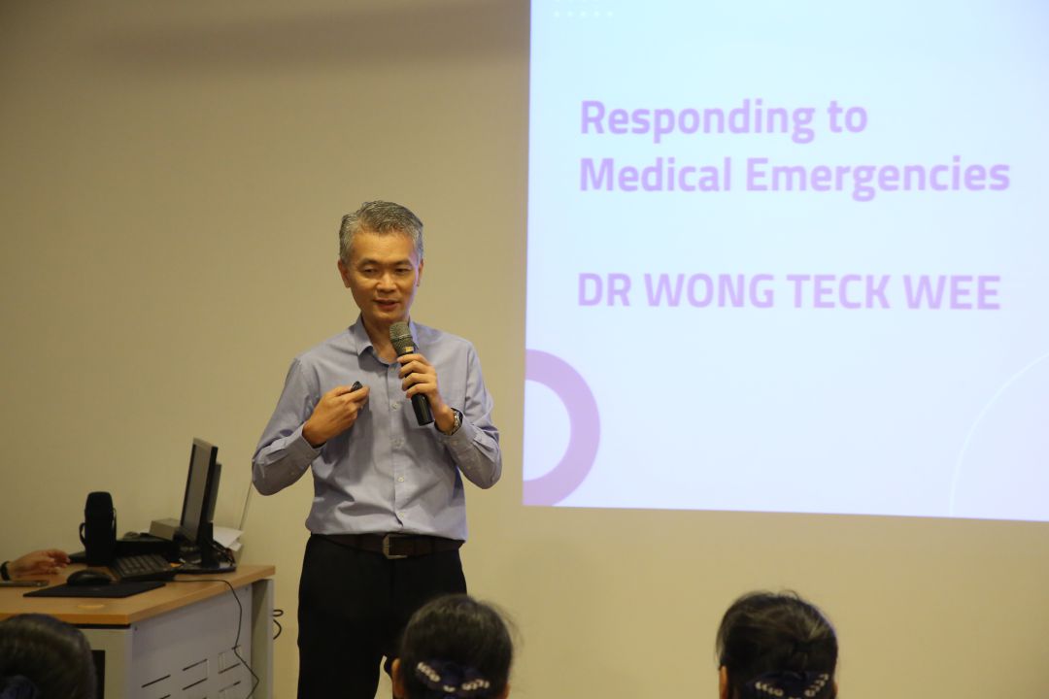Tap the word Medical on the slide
pyautogui.click(x=655, y=175)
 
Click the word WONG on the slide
pyautogui.click(x=709, y=291)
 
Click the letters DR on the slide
pyautogui.click(x=604, y=291)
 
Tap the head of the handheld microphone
pyautogui.click(x=401, y=338)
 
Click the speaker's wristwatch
pyautogui.click(x=455, y=420)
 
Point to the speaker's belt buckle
pyautogui.click(x=392, y=546)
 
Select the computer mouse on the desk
pyautogui.click(x=89, y=577)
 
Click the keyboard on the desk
pyautogui.click(x=143, y=567)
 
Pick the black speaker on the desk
pyautogui.click(x=100, y=528)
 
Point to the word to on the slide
pyautogui.click(x=848, y=117)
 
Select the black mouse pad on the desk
pyautogui.click(x=94, y=588)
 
